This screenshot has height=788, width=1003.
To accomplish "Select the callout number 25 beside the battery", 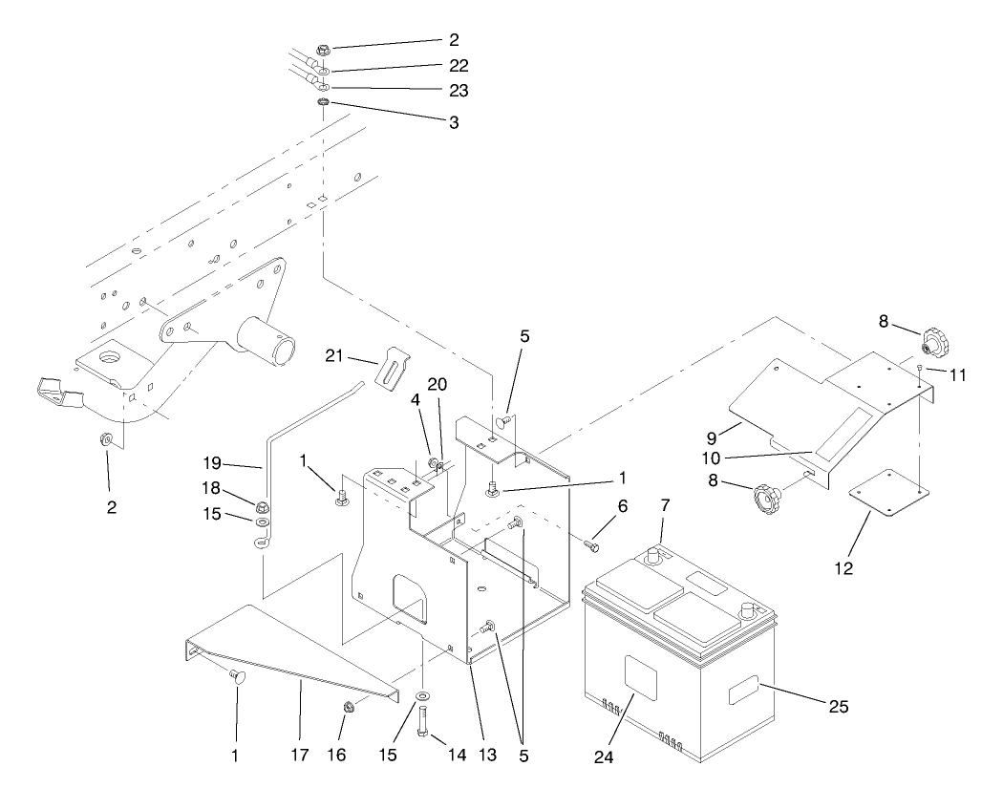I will [x=838, y=708].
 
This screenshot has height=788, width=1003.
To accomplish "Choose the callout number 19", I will [x=212, y=465].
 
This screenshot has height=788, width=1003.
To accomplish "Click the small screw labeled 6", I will [x=589, y=544].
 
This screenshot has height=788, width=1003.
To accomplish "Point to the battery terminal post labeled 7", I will [x=656, y=554].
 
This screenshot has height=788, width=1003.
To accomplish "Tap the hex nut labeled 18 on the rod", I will [x=261, y=504].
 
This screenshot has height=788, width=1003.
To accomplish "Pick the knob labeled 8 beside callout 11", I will [x=931, y=342].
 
